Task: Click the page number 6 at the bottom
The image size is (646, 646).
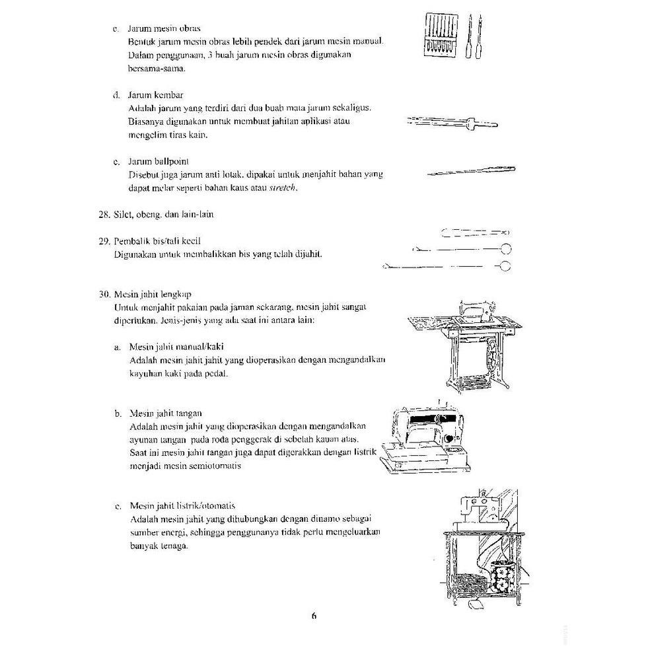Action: [314, 616]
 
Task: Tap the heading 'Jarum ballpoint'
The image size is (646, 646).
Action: [159, 161]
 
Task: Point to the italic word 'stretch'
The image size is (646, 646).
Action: [283, 188]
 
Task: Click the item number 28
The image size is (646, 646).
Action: [103, 215]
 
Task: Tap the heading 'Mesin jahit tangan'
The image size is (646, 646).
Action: [165, 413]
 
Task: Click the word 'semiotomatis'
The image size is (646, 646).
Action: [217, 466]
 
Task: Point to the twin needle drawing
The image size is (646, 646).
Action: [452, 122]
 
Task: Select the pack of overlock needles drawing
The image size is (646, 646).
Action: [440, 36]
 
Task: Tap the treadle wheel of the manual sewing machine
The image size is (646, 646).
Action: [496, 359]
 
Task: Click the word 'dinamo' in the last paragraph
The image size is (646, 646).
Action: [312, 519]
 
